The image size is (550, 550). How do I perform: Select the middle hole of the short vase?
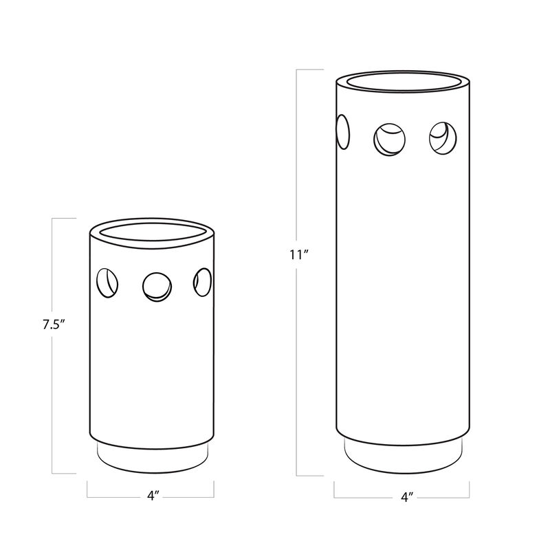[x=156, y=286]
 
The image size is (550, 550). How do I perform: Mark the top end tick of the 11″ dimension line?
[x=309, y=69]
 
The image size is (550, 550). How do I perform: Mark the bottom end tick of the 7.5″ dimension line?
[x=64, y=474]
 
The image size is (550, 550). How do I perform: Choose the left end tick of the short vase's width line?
[x=87, y=488]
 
